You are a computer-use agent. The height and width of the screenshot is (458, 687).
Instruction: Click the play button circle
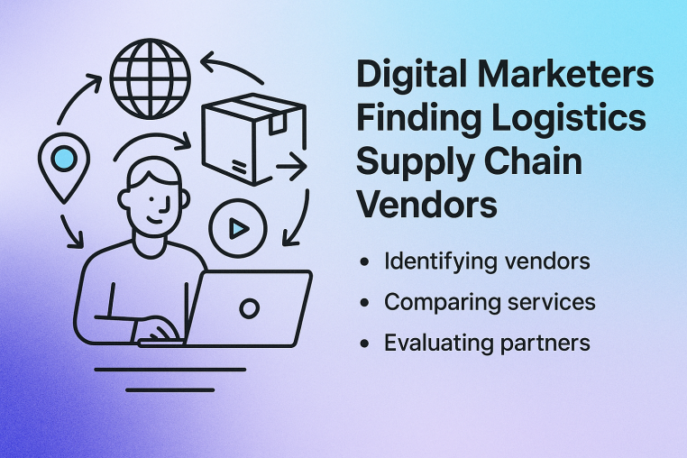coord(236,228)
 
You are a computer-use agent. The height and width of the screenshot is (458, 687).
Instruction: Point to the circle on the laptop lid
coord(249,308)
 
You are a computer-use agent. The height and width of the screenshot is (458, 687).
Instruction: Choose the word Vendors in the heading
coord(426,206)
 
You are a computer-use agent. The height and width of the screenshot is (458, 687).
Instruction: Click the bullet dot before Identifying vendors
coord(363,263)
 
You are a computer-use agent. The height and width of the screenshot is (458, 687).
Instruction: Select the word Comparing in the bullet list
coord(438,303)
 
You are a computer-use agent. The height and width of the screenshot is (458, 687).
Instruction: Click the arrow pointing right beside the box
coord(290,166)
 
